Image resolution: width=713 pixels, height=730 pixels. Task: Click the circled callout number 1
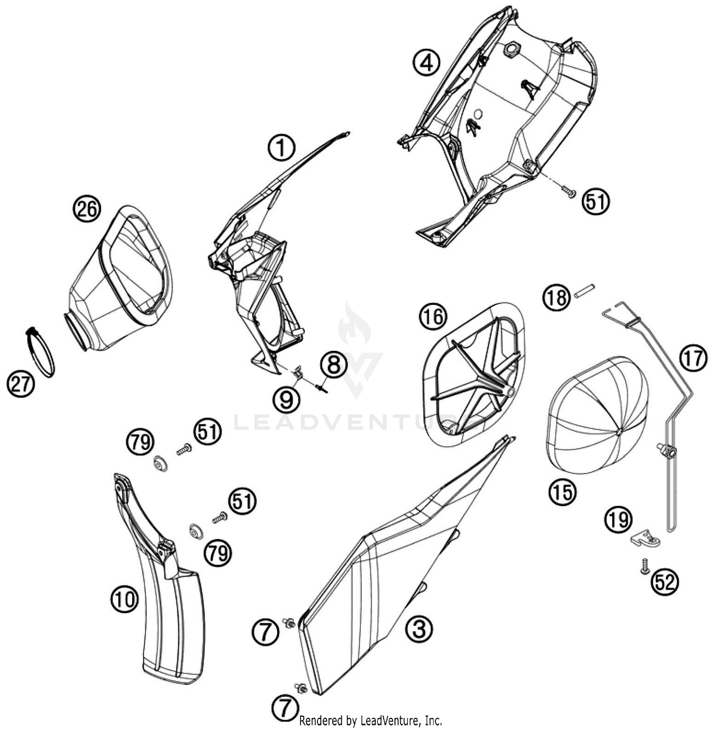281,148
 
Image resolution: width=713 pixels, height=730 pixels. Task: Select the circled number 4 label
426,63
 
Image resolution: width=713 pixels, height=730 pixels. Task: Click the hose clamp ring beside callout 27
40,352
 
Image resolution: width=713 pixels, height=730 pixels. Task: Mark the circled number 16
433,317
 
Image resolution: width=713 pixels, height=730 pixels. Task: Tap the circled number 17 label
693,358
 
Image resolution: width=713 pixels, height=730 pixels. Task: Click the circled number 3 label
419,629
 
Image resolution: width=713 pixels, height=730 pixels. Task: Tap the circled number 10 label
125,599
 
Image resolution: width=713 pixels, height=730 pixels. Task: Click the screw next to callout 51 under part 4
568,191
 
